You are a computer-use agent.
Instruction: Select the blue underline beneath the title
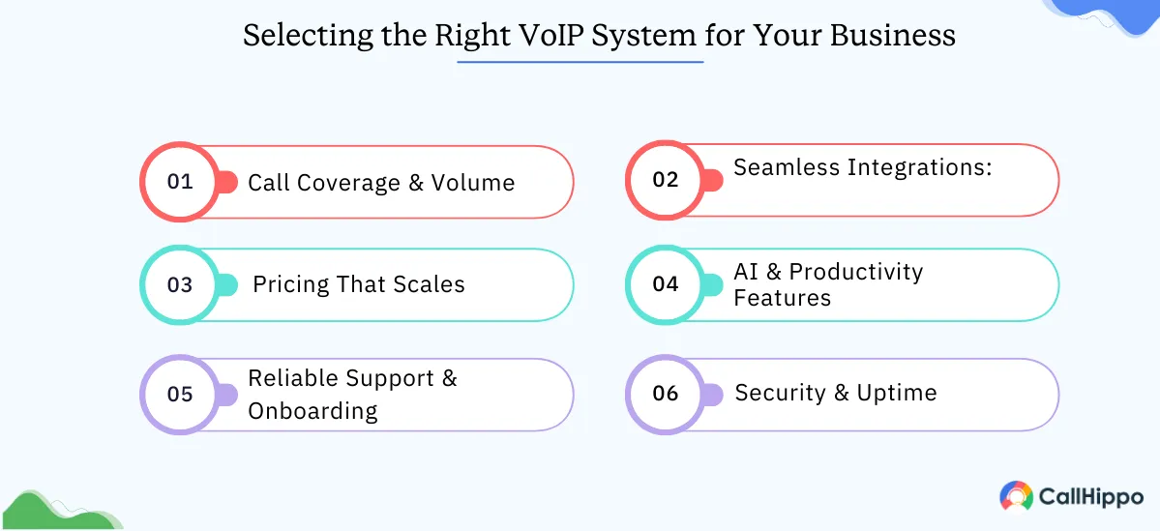click(x=580, y=62)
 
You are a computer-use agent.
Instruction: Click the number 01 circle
click(x=180, y=182)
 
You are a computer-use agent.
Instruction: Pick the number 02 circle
click(x=666, y=180)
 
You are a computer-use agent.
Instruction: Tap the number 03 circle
click(x=180, y=284)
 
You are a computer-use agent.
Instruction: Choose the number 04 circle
click(x=666, y=284)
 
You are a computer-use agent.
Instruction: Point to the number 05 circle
click(x=180, y=394)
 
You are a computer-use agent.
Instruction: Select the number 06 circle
click(x=666, y=394)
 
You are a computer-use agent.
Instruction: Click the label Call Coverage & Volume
click(x=381, y=183)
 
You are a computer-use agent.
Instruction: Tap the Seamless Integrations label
click(x=863, y=167)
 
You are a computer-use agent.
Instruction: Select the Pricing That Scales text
click(x=359, y=284)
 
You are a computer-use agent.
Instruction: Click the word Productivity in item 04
click(x=856, y=272)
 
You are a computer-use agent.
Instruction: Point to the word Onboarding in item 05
click(x=312, y=410)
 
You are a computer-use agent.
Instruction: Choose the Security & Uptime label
click(x=836, y=393)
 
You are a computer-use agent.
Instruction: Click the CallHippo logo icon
click(x=1016, y=496)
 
